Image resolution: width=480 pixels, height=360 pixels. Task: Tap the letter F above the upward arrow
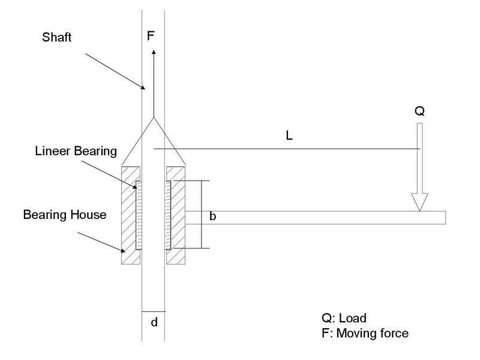pos(151,36)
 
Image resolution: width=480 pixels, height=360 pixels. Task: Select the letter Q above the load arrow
pos(419,111)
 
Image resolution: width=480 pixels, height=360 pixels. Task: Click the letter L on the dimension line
pos(289,136)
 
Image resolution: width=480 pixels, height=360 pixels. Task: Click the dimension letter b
pos(212,217)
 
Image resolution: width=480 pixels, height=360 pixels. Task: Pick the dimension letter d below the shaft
pos(154,322)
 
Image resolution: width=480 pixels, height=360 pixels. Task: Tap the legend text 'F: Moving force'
pos(365,332)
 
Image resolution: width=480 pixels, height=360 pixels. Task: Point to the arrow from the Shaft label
pos(114,71)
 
